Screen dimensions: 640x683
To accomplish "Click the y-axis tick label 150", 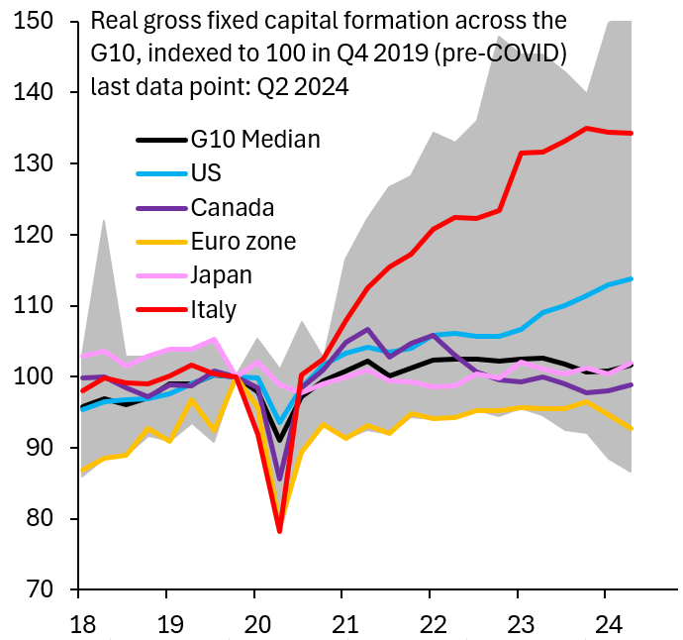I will [x=35, y=21].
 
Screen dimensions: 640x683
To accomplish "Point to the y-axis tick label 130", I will [x=35, y=163].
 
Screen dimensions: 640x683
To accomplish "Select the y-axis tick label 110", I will [x=35, y=306].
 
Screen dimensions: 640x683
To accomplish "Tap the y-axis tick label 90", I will [x=41, y=449].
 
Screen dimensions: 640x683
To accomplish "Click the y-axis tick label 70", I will [x=41, y=590].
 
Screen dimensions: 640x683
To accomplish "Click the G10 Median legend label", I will [x=255, y=139].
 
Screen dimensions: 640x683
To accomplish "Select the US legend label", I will [x=208, y=173].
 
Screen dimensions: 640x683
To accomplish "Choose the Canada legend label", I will [x=233, y=207].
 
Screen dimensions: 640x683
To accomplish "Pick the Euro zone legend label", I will [x=244, y=241].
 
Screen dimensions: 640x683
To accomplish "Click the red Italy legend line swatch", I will [x=159, y=310].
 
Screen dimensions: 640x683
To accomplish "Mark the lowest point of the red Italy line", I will [x=279, y=531].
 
